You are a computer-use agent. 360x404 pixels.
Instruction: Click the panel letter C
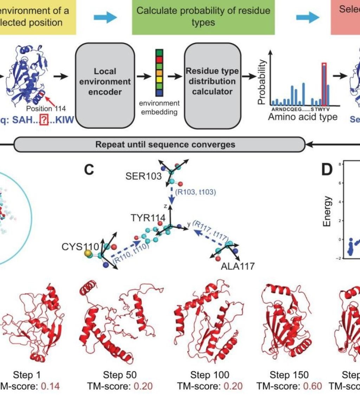click(x=90, y=171)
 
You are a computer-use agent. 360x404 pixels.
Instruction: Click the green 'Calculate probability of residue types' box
click(x=203, y=17)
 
